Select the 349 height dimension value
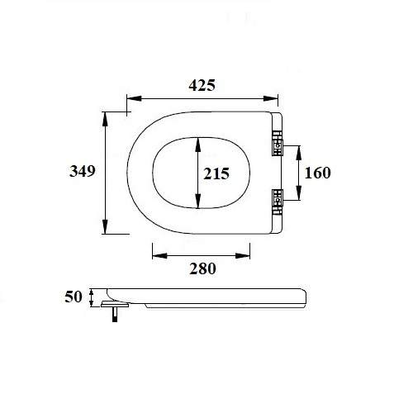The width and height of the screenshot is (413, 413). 82,172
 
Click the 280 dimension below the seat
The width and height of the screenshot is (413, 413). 202,268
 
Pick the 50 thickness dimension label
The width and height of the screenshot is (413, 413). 74,296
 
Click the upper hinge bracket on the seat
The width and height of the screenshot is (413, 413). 276,146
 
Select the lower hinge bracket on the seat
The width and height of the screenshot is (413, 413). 276,197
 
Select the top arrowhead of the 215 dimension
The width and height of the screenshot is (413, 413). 197,141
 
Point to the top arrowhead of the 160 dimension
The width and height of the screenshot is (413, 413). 298,149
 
